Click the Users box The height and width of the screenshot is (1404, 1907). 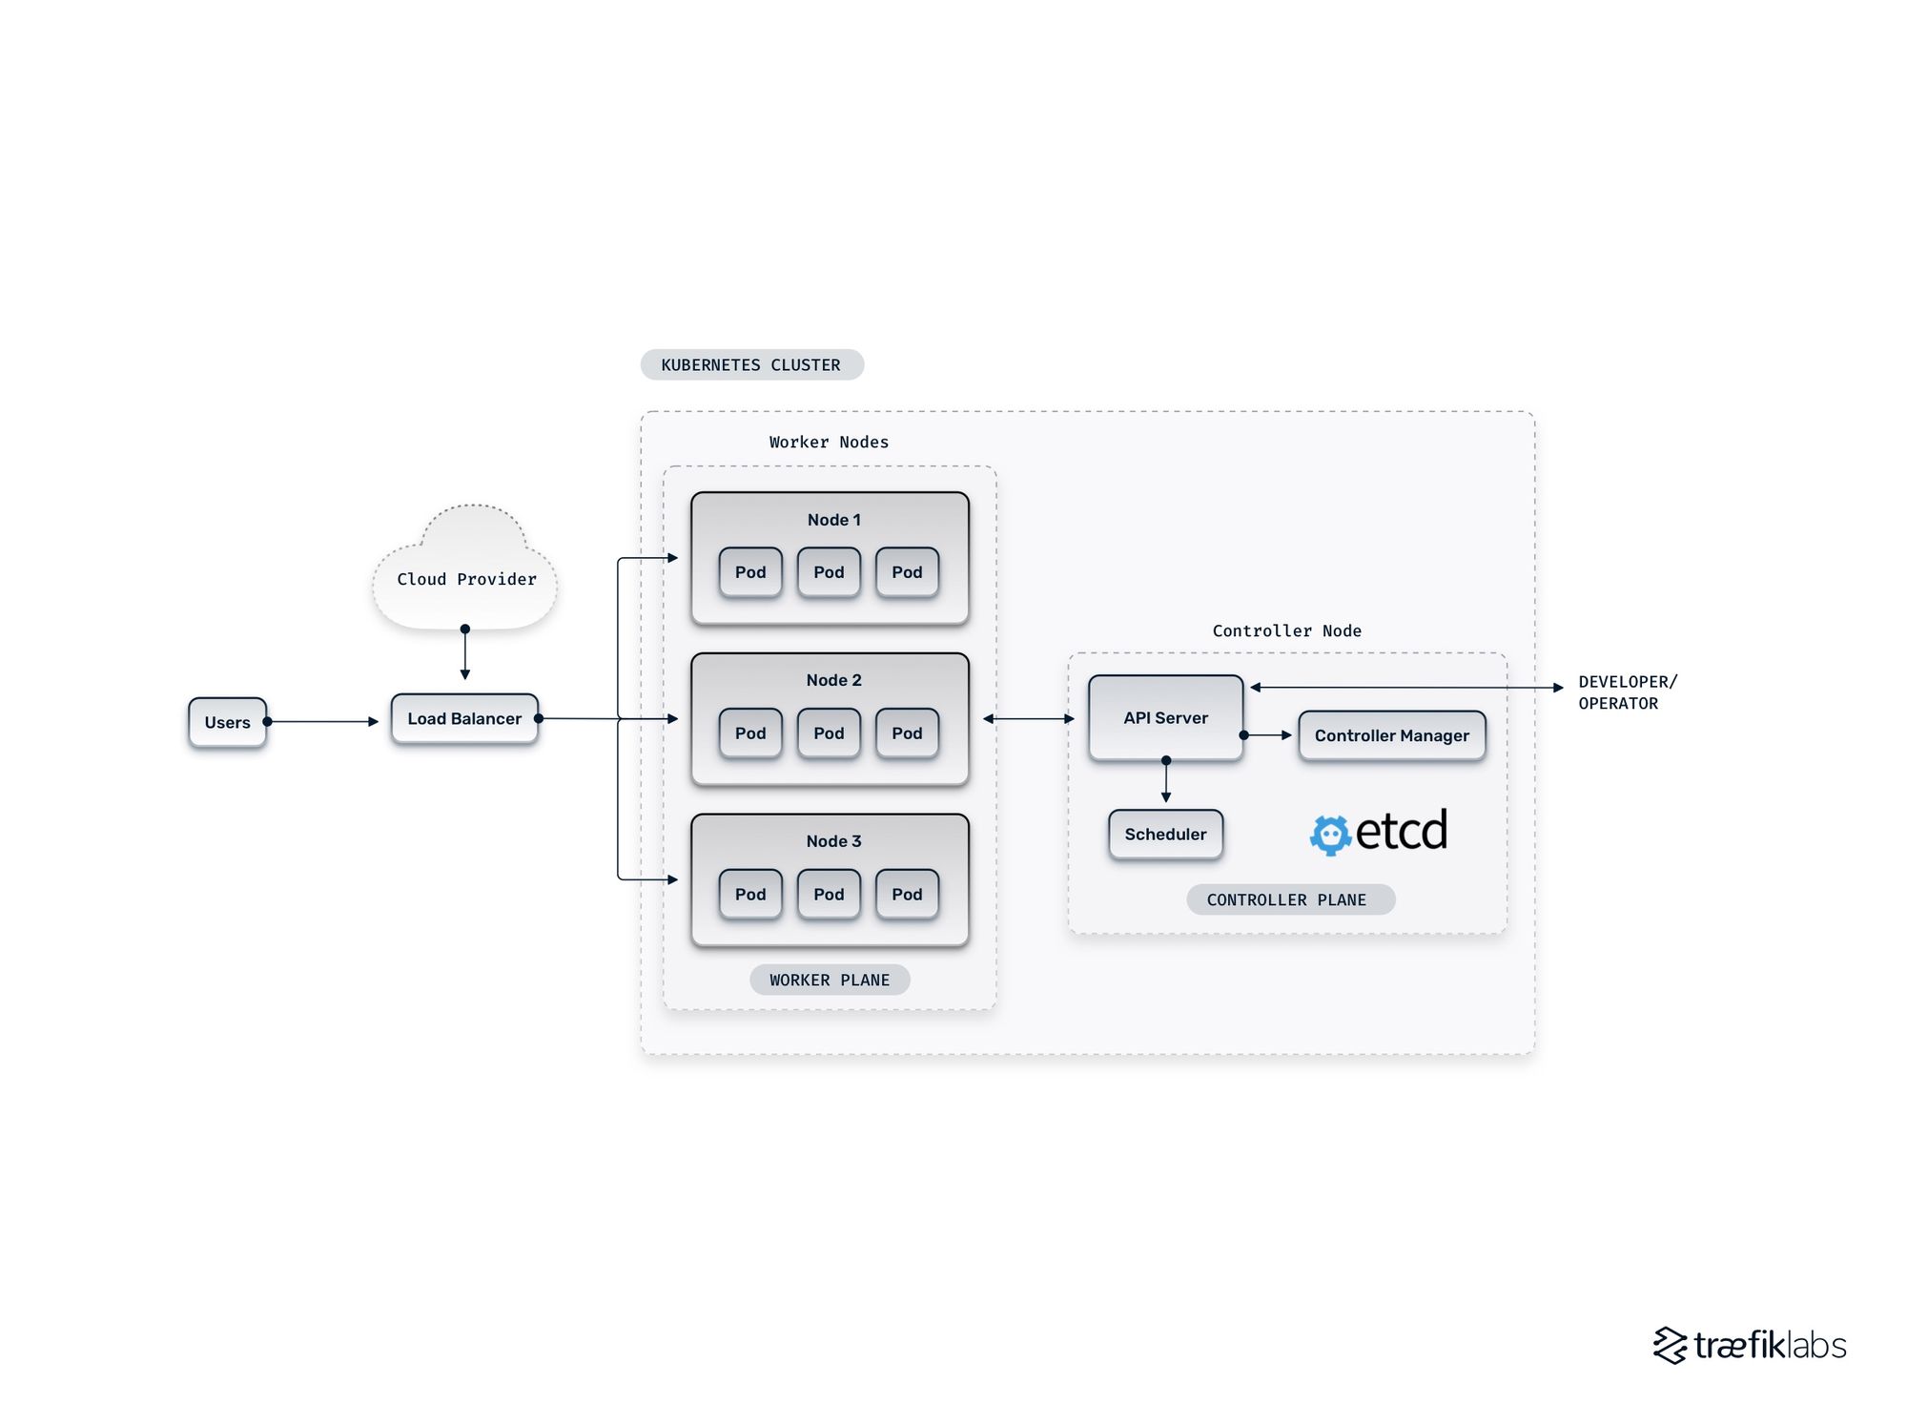point(227,722)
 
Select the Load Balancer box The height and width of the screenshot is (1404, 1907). point(464,718)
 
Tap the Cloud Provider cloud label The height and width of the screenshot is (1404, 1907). point(466,579)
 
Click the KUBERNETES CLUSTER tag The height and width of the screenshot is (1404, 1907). point(751,364)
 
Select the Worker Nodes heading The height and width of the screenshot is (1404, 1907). point(829,442)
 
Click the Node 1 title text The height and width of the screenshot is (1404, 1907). point(833,520)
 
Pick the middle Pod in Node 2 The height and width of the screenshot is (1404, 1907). point(829,733)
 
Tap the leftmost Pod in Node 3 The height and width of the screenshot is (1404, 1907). point(750,894)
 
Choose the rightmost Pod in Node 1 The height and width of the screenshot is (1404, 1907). point(907,572)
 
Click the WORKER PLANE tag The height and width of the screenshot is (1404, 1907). point(830,980)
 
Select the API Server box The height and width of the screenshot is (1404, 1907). point(1165,717)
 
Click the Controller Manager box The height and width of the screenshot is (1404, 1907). point(1391,735)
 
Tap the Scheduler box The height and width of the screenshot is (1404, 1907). point(1165,834)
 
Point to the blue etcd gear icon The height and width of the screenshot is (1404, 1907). point(1330,836)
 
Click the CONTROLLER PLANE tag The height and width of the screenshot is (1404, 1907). point(1290,899)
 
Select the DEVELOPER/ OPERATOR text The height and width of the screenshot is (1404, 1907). point(1626,692)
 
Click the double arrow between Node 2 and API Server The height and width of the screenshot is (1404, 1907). point(1028,718)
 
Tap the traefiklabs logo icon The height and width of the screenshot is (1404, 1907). point(1671,1345)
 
